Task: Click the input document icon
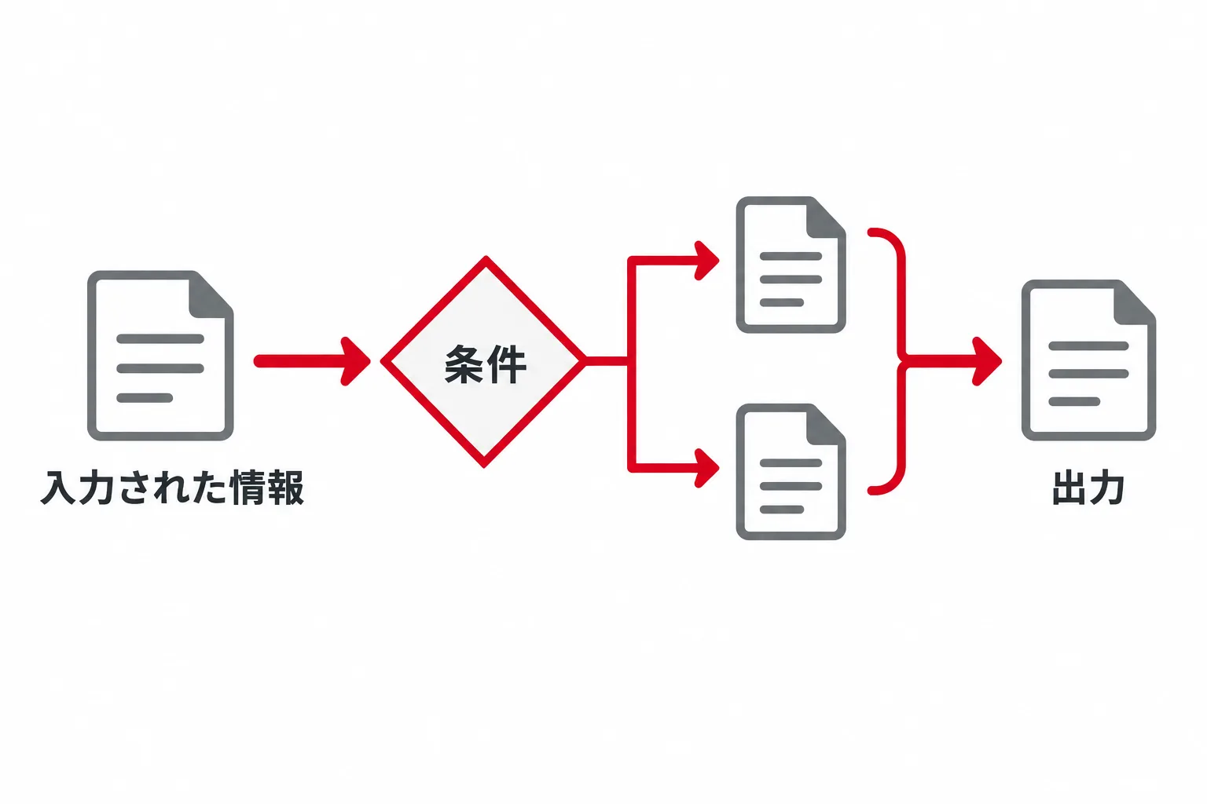(160, 356)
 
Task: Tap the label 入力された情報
(172, 488)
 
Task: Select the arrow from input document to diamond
(312, 361)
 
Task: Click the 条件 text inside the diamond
(485, 364)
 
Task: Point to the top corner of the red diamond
(486, 257)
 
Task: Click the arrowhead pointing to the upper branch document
(707, 261)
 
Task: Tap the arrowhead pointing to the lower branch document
(707, 468)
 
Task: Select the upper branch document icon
(791, 265)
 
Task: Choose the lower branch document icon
(791, 472)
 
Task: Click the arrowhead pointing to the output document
(987, 361)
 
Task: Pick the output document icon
(1088, 360)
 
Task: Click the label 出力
(1088, 488)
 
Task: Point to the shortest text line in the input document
(145, 398)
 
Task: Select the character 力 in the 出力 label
(1106, 488)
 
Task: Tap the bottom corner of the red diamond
(484, 465)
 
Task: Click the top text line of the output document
(1088, 345)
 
